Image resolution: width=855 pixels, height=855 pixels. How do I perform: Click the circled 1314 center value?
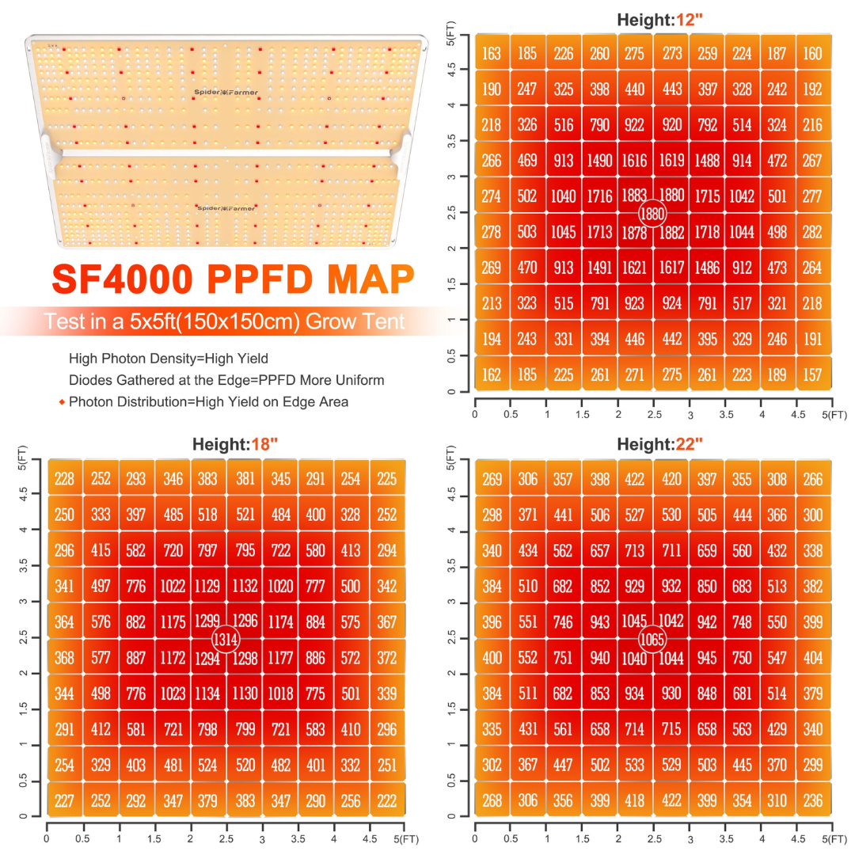click(226, 637)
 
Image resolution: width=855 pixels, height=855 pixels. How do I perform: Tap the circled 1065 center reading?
click(653, 637)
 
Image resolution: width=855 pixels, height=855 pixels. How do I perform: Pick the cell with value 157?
click(812, 374)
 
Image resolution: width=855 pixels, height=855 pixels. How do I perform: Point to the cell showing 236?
click(812, 800)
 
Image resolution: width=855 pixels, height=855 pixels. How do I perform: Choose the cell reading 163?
click(492, 55)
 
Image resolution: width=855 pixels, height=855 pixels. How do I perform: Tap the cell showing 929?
click(636, 587)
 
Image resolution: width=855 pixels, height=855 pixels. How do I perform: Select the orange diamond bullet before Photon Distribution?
click(62, 402)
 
